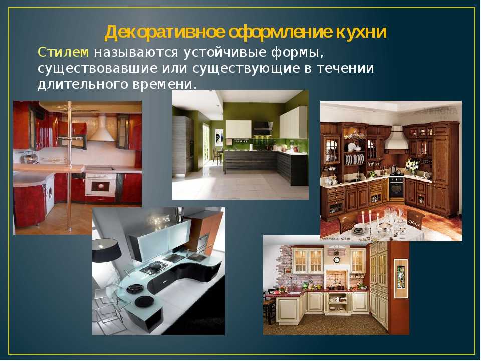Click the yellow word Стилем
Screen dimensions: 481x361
point(64,52)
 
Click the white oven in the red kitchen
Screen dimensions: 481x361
point(101,185)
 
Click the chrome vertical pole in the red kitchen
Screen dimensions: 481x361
point(69,166)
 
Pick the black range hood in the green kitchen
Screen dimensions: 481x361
point(262,128)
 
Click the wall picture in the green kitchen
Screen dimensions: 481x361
point(219,137)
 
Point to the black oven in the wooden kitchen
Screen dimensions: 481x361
point(397,188)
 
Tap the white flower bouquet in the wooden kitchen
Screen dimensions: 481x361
point(411,166)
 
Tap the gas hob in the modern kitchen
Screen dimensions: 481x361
point(154,268)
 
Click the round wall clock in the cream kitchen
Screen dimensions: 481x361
point(337,260)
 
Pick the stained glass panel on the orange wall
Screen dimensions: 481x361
point(401,277)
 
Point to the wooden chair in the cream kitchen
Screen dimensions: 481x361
point(269,308)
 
